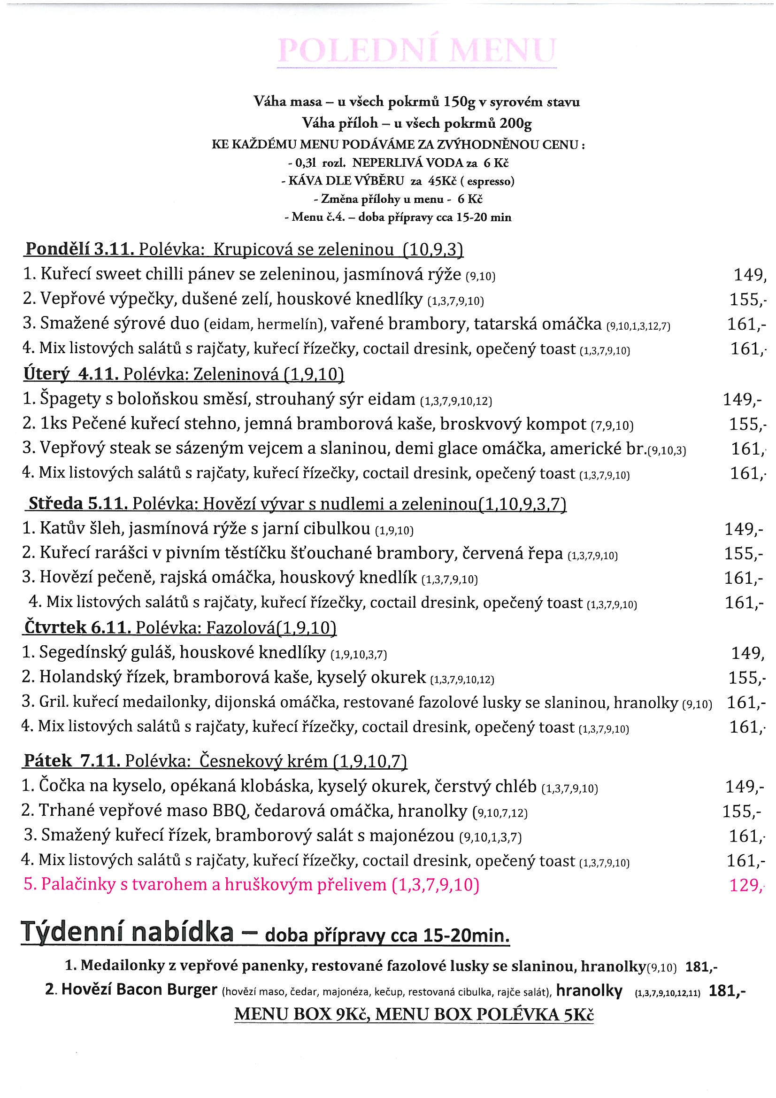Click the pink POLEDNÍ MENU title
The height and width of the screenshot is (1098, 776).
pos(417,50)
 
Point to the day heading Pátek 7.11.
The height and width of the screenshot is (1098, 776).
pos(70,760)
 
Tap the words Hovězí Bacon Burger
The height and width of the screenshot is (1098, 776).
pos(139,990)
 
